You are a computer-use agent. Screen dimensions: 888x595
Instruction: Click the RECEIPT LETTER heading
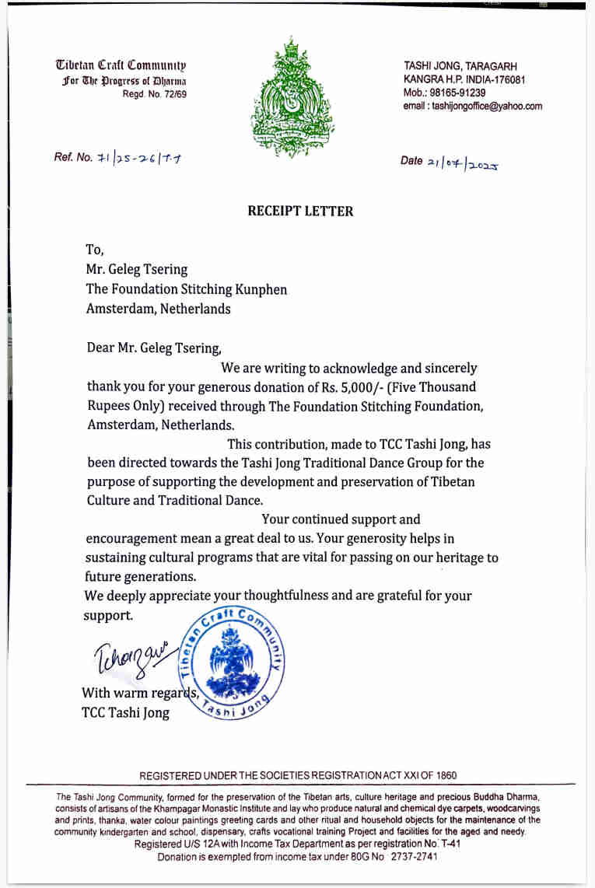coord(300,212)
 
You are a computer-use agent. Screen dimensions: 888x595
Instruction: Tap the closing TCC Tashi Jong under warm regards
coord(125,712)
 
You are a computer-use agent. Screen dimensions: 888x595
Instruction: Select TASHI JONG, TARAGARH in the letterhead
coord(460,67)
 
